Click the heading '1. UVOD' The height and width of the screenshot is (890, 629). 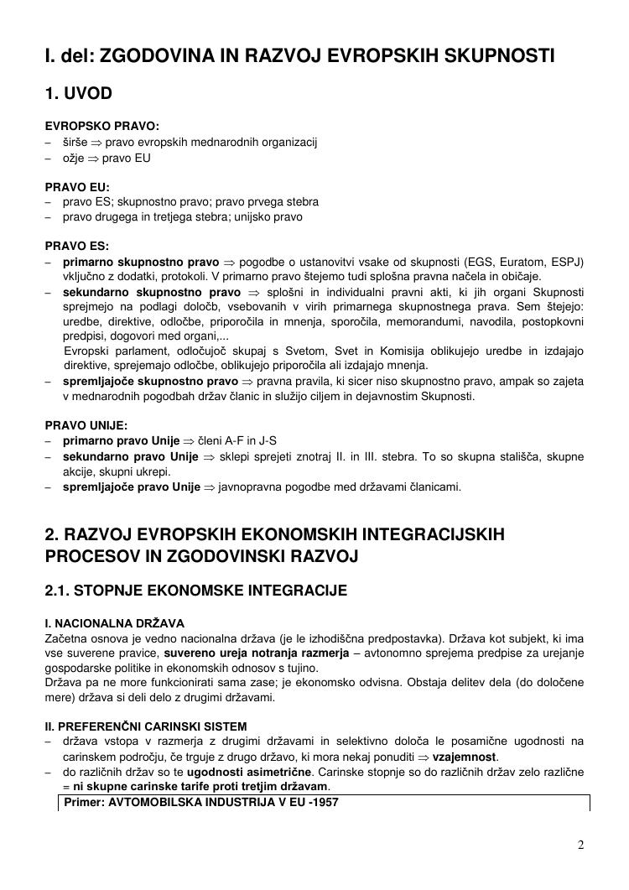point(79,93)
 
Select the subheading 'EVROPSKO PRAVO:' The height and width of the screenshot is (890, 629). point(96,127)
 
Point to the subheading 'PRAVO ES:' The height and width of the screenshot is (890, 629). point(77,247)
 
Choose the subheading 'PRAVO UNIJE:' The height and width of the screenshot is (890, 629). point(86,424)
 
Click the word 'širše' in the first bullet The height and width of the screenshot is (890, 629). point(75,142)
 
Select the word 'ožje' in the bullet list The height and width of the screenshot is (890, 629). point(74,157)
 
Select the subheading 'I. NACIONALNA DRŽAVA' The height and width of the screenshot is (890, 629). point(114,623)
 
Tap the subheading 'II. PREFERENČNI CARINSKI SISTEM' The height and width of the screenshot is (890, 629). point(146,726)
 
